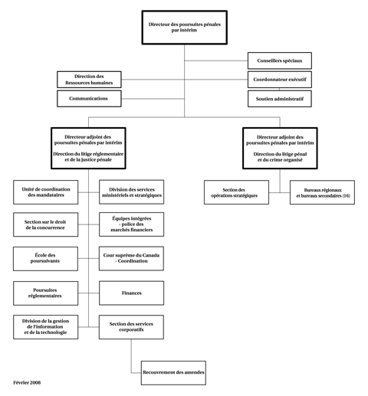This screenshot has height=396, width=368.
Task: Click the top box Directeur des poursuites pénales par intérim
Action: [183, 28]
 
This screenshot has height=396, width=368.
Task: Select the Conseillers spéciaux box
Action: [279, 61]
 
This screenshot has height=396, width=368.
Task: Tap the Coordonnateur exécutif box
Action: [279, 80]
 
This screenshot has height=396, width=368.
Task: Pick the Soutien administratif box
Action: [279, 99]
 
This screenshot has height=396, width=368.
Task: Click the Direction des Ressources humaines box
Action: [89, 80]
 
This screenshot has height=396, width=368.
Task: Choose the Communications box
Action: [89, 99]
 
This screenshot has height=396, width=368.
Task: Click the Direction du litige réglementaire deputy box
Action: [88, 148]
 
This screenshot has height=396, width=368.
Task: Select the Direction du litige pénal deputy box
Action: [280, 148]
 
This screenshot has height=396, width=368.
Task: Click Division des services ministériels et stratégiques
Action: [131, 192]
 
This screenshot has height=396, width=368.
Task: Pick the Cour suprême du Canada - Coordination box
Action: [131, 258]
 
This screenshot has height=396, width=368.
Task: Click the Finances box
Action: [131, 293]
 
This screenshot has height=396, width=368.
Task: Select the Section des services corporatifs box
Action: [131, 327]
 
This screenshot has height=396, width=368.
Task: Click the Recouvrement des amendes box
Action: [173, 372]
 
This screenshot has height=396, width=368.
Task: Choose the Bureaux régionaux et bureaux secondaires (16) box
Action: [322, 192]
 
